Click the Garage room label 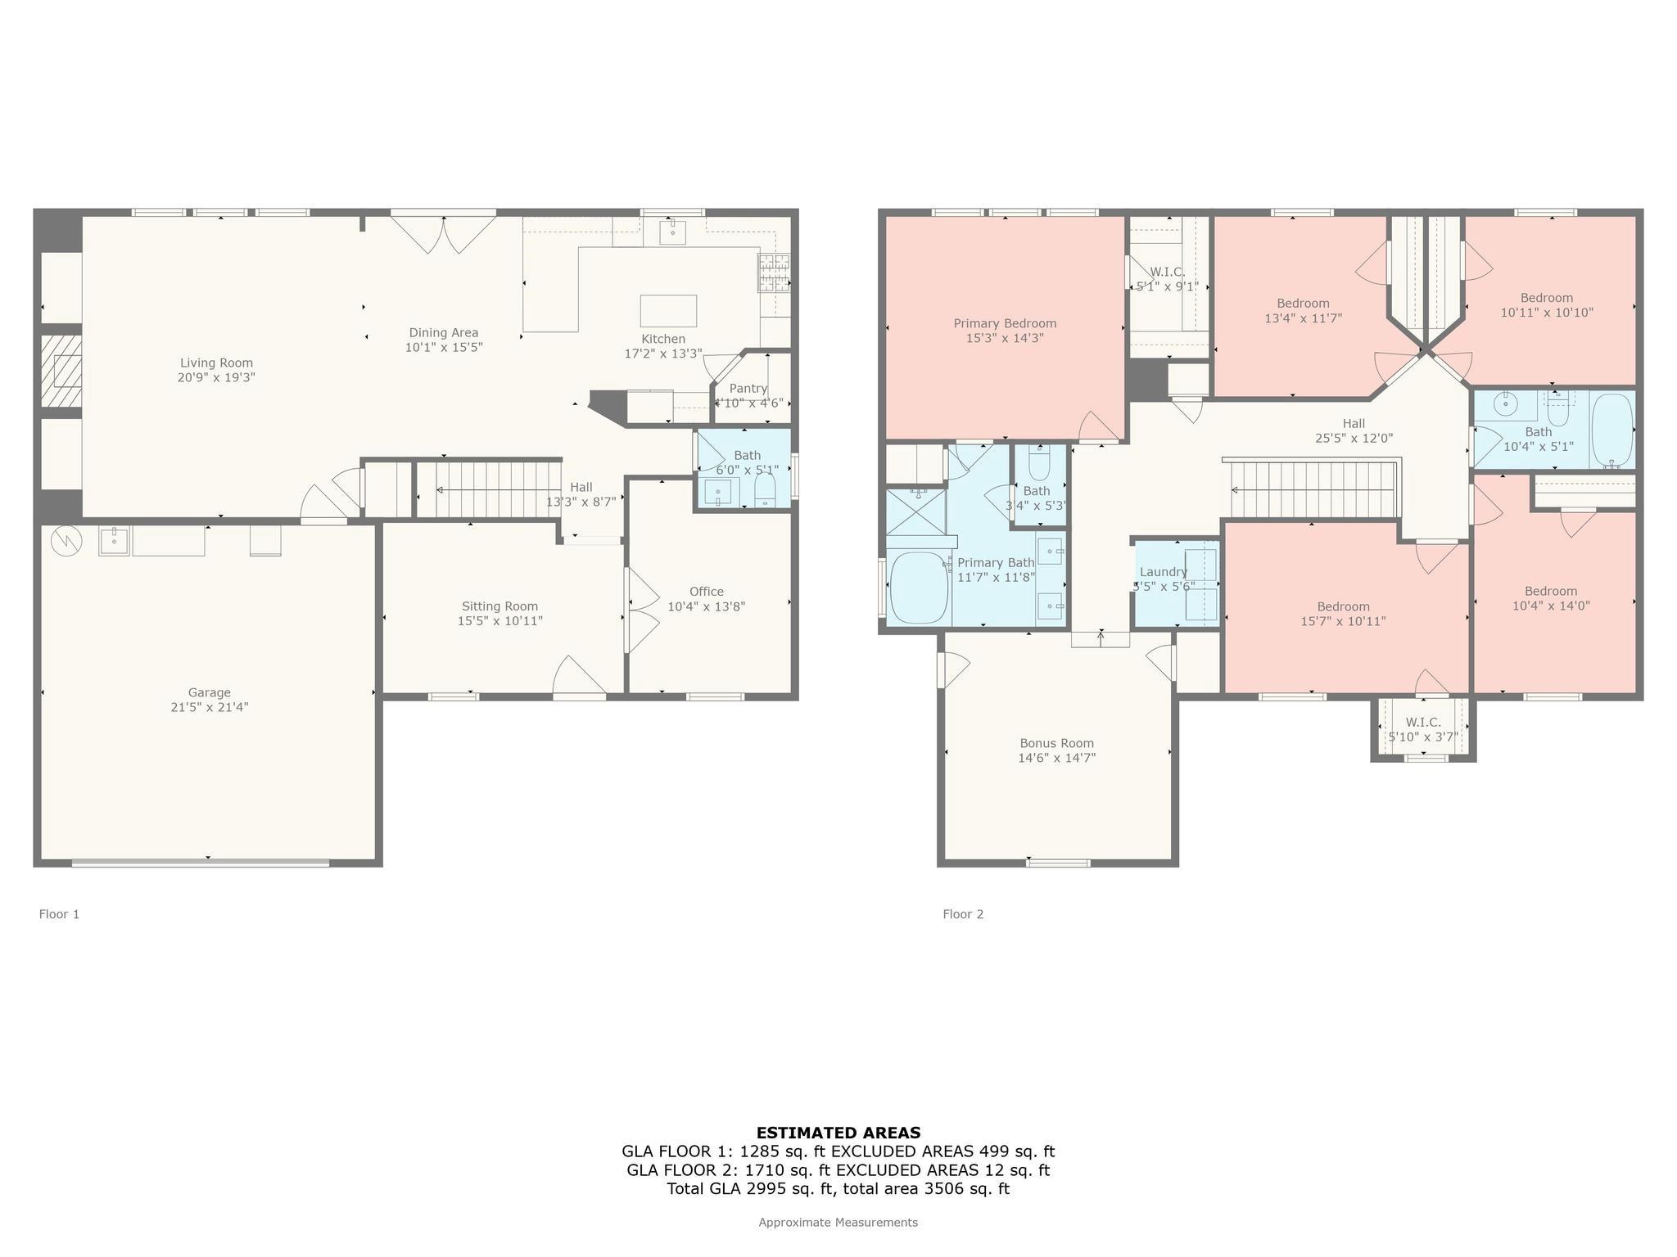point(209,692)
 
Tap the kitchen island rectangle point(667,311)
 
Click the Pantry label point(748,389)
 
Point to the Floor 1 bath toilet point(765,490)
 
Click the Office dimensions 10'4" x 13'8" point(706,606)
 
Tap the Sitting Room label point(499,606)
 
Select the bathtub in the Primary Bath point(918,588)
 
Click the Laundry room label point(1163,572)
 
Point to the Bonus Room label point(1056,743)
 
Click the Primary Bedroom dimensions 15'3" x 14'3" point(1005,338)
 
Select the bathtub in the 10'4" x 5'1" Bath point(1611,430)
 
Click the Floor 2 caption point(962,914)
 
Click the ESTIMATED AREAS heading point(838,1133)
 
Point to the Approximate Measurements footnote point(838,1222)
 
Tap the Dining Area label point(443,333)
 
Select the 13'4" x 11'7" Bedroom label point(1303,304)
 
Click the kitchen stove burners point(774,273)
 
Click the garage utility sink point(113,541)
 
